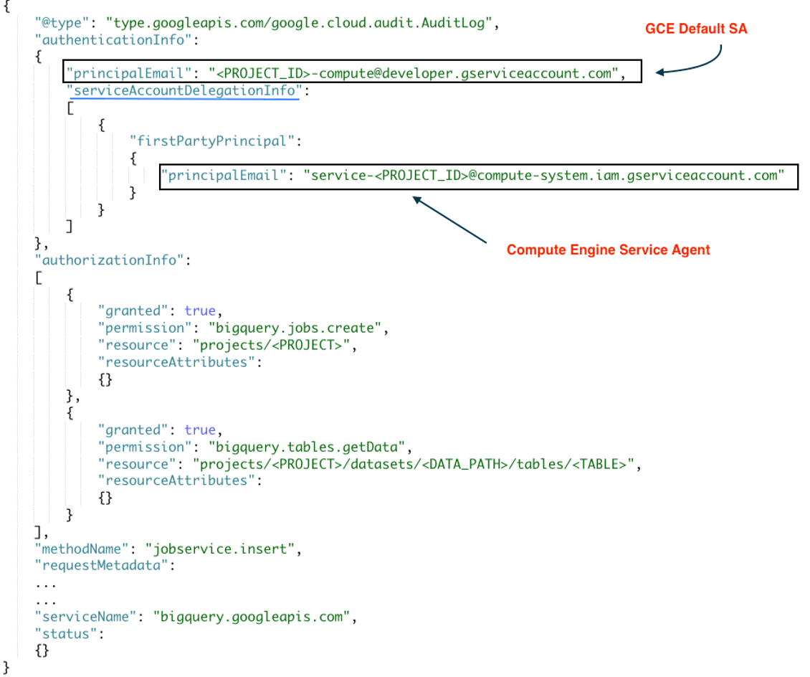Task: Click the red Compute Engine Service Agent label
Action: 608,250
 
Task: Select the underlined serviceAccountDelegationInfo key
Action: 183,90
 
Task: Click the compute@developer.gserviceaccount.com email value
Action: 415,73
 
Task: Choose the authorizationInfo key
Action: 108,260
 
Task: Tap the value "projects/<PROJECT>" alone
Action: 275,345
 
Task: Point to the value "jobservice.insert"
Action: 219,549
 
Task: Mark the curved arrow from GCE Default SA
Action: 695,63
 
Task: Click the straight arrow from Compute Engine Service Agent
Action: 449,219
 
